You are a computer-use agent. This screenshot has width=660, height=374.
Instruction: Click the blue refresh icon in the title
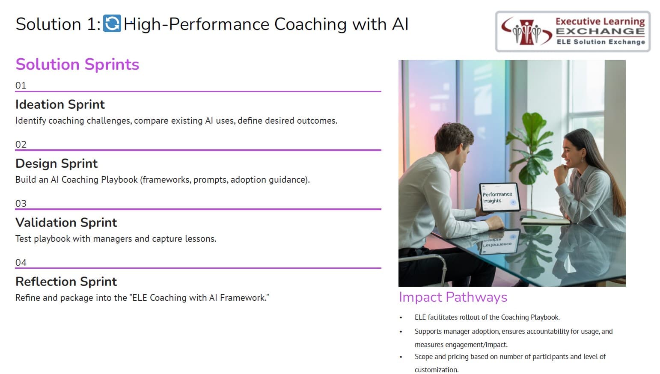pos(112,24)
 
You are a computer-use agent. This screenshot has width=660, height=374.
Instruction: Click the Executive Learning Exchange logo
pos(573,32)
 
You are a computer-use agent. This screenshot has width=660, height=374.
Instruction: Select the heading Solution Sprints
pos(77,64)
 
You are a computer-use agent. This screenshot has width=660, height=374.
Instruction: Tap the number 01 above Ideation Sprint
pos(21,85)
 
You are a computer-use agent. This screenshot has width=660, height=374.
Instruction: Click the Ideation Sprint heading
pos(60,104)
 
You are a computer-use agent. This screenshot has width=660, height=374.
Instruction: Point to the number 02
pos(21,144)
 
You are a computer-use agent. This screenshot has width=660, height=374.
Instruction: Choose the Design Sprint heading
pos(56,163)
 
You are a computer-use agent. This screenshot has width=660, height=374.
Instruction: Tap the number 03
pos(21,203)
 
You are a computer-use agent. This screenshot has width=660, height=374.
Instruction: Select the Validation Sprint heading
pos(66,223)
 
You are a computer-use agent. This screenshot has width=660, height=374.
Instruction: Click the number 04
pos(21,262)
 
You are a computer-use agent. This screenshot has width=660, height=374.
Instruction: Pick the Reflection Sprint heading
pos(66,282)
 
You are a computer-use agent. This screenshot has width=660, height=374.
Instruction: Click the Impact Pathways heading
pos(453,297)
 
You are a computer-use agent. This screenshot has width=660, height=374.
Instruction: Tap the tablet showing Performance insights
pos(499,197)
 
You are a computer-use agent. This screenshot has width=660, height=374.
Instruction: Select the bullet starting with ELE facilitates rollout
pos(487,317)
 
